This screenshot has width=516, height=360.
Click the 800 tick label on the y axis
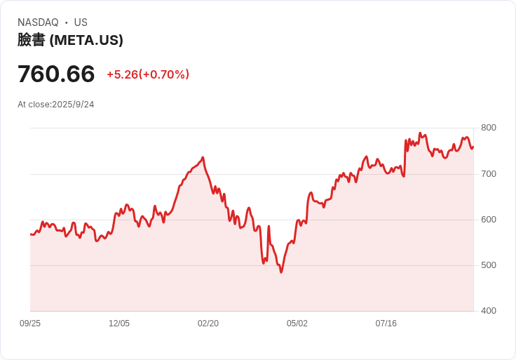[489, 128]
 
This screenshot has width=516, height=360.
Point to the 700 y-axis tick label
[489, 174]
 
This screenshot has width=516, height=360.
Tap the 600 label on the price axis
[489, 220]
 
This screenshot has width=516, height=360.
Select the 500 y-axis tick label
[489, 265]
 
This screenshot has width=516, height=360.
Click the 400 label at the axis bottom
[489, 311]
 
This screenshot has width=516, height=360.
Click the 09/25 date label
[30, 324]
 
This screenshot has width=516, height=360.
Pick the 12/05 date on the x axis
[119, 324]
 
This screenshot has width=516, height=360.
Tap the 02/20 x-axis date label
[208, 324]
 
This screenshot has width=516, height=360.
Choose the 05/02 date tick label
[297, 324]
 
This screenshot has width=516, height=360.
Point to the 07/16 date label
[386, 324]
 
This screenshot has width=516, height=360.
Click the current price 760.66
[56, 74]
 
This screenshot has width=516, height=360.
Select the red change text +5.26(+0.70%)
[148, 74]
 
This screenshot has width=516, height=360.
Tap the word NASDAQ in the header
[38, 22]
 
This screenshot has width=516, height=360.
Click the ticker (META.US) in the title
[86, 40]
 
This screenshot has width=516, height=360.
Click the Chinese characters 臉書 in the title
[32, 40]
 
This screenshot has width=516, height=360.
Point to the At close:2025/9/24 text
[56, 105]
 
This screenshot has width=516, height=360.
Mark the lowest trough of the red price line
[281, 272]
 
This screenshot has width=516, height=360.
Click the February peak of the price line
[203, 157]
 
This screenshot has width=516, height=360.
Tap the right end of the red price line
[473, 147]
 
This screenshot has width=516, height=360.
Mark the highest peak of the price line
[420, 133]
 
